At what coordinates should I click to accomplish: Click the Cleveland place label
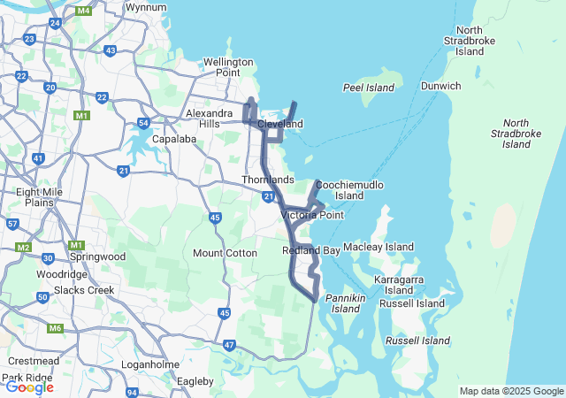click(x=280, y=124)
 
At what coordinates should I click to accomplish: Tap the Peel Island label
click(x=367, y=88)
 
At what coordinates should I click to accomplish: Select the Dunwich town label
click(x=440, y=87)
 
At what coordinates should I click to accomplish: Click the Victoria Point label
click(x=312, y=215)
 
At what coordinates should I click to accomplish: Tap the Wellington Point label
click(x=228, y=67)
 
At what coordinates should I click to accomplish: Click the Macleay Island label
click(x=379, y=247)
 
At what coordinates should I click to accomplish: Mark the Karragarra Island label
click(x=399, y=284)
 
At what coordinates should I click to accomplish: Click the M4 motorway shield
click(x=84, y=11)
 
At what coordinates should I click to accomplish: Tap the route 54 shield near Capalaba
click(x=144, y=123)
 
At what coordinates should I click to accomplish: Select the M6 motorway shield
click(x=56, y=328)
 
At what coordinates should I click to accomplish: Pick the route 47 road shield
click(x=230, y=345)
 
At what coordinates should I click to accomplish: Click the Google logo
click(x=29, y=387)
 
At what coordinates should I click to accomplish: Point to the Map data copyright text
click(x=511, y=391)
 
